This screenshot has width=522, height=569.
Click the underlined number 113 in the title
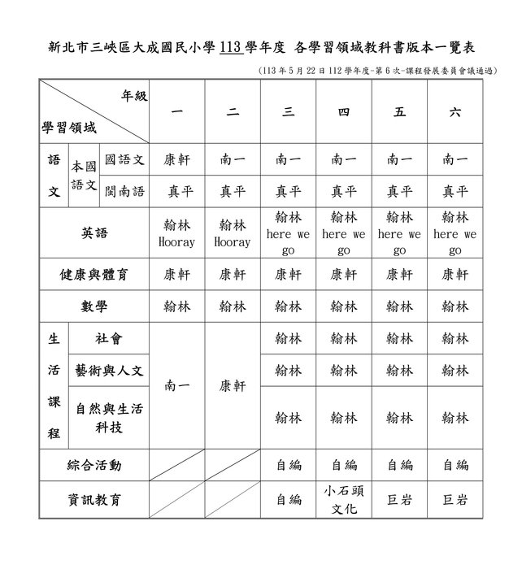click(x=230, y=47)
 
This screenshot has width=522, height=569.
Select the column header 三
click(x=289, y=112)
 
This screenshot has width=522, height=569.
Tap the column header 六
click(x=455, y=112)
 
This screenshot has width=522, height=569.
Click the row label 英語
click(x=94, y=233)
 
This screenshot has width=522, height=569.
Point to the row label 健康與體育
click(x=94, y=275)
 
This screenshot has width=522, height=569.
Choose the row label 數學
click(x=94, y=306)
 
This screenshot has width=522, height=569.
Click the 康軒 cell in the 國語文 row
click(x=177, y=160)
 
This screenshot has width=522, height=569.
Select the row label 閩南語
click(x=124, y=192)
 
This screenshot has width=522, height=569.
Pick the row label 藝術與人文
click(x=108, y=370)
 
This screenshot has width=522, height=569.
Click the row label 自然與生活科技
click(x=108, y=418)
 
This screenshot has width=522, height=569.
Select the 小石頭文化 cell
click(x=344, y=500)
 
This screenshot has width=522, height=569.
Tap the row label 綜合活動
click(x=94, y=465)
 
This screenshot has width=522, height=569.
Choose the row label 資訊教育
click(x=94, y=500)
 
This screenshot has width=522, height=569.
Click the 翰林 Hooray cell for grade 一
click(x=177, y=233)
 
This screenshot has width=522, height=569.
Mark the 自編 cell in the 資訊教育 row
click(x=289, y=500)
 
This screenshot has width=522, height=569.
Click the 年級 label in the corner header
click(x=134, y=96)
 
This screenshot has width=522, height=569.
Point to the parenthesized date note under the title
click(x=376, y=71)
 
